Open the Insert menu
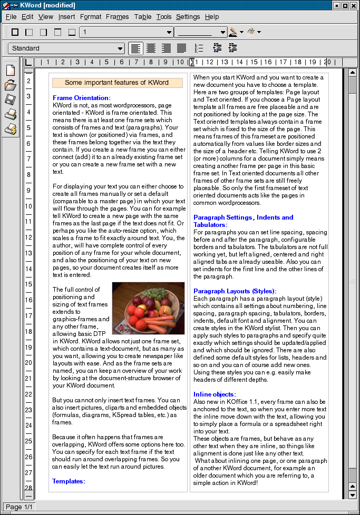pos(66,17)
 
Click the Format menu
pos(91,17)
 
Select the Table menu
pos(143,17)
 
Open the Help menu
pos(212,17)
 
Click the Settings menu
pos(188,17)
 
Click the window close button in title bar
pos(354,5)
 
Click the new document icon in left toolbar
pos(11,70)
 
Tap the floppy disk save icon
pos(11,100)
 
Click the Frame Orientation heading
pos(82,98)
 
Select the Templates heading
pos(69,481)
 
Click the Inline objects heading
pos(215,394)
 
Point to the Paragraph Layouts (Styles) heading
pos(235,291)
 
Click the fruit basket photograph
pos(148,308)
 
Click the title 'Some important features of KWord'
pos(116,83)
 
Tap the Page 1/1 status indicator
pos(19,507)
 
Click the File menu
pos(11,17)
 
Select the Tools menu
pos(164,17)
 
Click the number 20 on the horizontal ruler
pos(327,62)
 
